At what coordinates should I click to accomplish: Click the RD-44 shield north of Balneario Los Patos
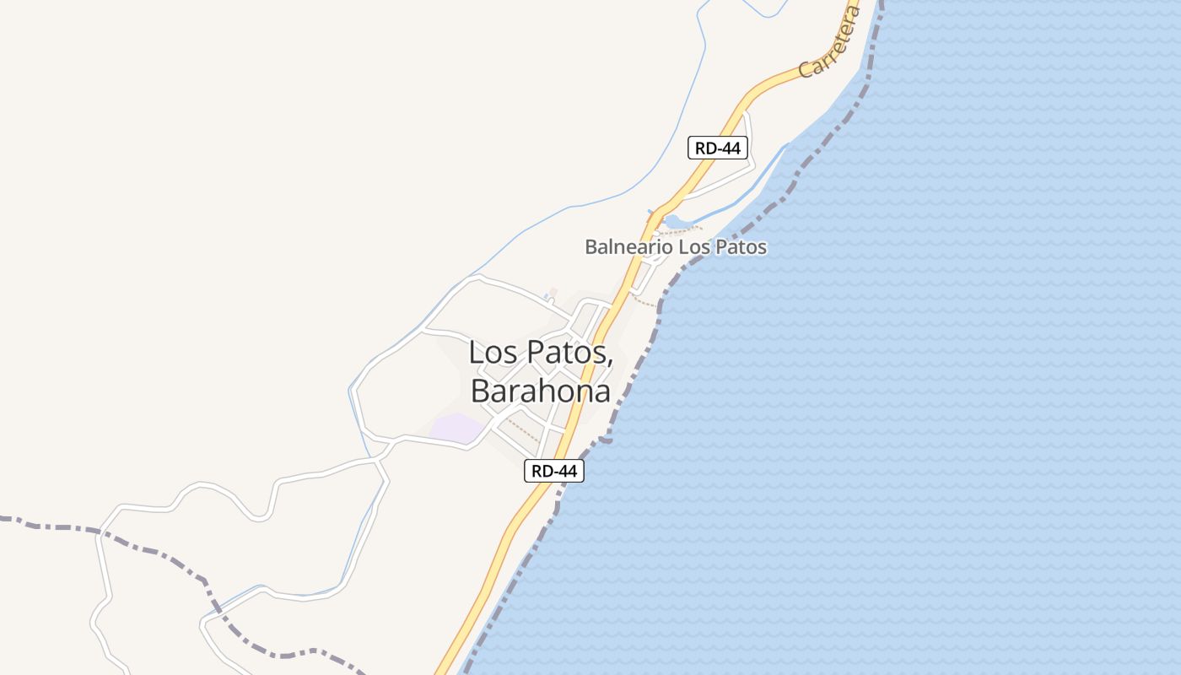[x=718, y=148]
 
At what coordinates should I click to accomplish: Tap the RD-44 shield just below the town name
[x=554, y=471]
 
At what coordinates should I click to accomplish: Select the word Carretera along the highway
[x=829, y=43]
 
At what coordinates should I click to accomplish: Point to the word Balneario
[x=628, y=247]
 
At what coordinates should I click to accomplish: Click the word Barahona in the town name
[x=540, y=391]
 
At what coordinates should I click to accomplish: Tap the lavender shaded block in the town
[x=456, y=427]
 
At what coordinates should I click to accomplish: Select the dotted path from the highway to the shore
[x=645, y=300]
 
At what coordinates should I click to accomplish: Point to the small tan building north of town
[x=553, y=293]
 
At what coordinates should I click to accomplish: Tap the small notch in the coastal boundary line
[x=606, y=440]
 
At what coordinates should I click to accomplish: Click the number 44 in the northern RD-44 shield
[x=731, y=148]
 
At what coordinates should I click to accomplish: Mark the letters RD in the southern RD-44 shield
[x=542, y=471]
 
